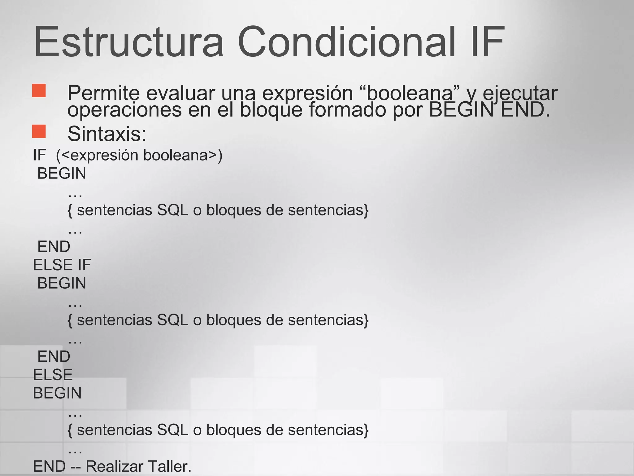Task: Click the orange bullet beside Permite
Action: pos(39,91)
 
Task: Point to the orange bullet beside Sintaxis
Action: pos(39,131)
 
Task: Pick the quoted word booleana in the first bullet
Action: pos(409,93)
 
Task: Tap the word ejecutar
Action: pos(520,93)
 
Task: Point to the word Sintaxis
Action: pos(107,134)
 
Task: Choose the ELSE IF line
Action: pos(62,265)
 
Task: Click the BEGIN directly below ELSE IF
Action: pos(62,283)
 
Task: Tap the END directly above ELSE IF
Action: pos(54,247)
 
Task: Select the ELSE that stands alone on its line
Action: pos(53,375)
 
